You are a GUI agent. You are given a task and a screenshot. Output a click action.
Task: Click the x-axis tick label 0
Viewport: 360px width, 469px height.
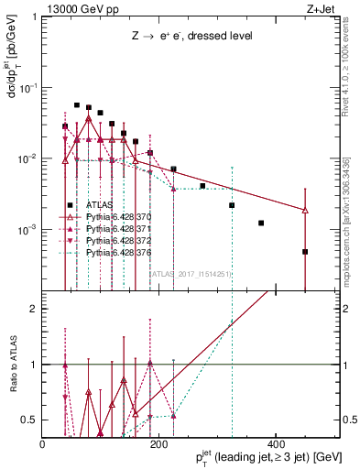click(43, 444)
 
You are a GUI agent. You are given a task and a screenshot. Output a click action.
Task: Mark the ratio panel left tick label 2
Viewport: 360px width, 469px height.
click(33, 309)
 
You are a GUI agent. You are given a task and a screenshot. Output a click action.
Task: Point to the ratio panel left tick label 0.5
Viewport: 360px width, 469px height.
click(30, 420)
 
